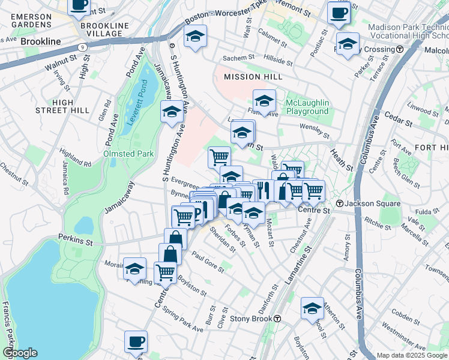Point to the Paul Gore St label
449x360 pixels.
pos(208,265)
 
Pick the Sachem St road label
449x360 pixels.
pos(236,58)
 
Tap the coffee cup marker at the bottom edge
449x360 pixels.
pos(136,342)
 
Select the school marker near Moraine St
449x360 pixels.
pos(135,268)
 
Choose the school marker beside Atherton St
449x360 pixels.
pos(312,308)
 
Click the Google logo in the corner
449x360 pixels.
pos(19,353)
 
